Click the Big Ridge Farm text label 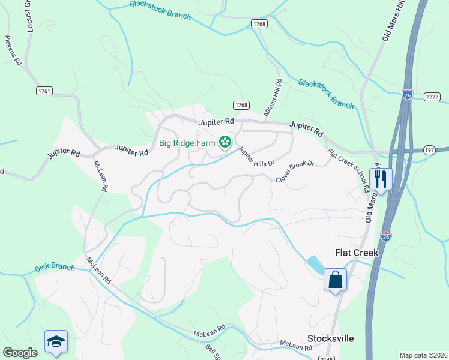pos(187,143)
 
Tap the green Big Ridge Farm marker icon pos(225,142)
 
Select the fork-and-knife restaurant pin pos(381,178)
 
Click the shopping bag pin pos(335,279)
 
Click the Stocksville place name pos(331,338)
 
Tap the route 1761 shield pos(44,91)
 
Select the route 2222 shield pos(432,97)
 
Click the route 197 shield pos(429,150)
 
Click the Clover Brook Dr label pos(295,171)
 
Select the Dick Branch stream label pos(55,267)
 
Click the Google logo pos(20,353)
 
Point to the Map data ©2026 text pos(423,355)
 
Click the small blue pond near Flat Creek pos(314,263)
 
